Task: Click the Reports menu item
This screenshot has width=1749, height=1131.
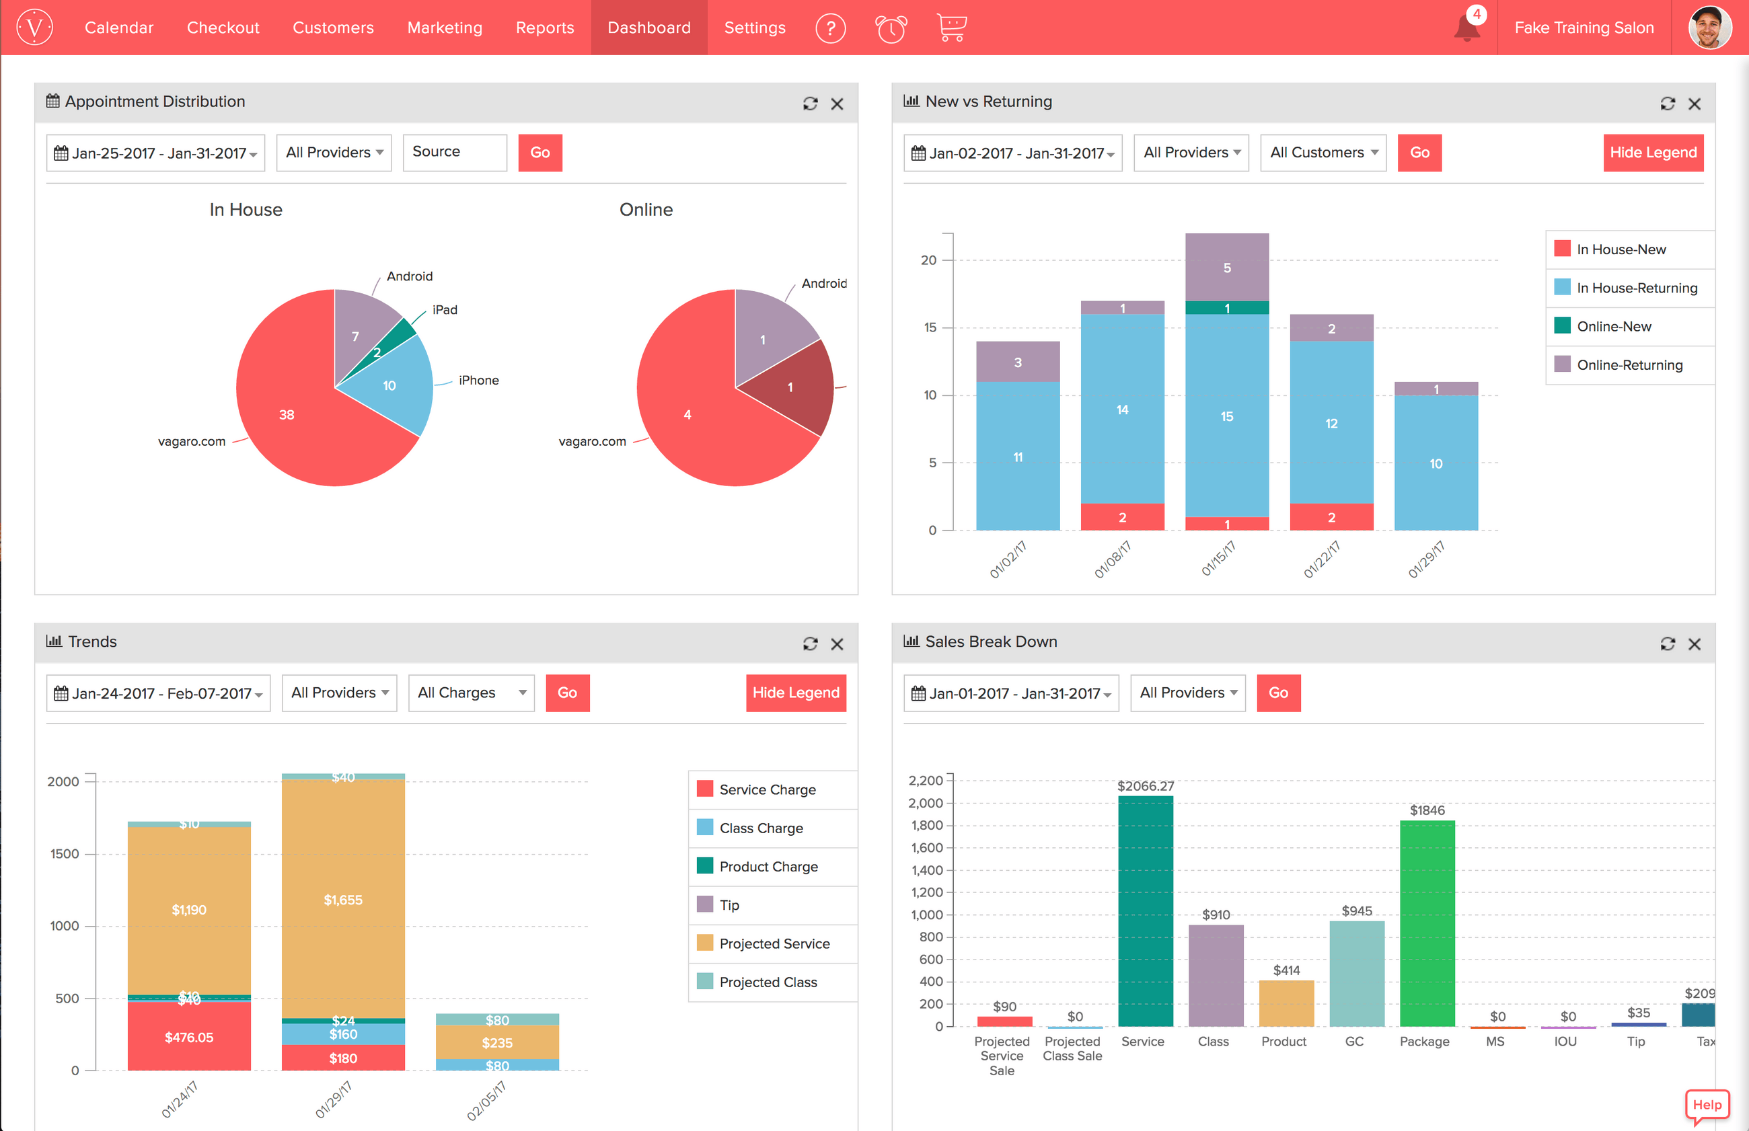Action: pos(544,28)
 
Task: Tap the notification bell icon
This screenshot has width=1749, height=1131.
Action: pos(1466,30)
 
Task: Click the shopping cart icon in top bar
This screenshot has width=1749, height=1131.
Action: pos(951,28)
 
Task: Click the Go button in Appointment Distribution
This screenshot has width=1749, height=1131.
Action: pos(540,153)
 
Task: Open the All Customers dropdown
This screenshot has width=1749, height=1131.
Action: pos(1323,153)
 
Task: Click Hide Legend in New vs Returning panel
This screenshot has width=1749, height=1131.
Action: pos(1653,153)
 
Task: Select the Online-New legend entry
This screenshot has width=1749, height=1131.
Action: pos(1613,327)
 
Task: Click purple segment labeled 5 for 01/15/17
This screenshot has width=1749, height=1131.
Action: pos(1227,268)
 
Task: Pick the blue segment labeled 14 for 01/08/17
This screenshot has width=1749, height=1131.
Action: pos(1121,409)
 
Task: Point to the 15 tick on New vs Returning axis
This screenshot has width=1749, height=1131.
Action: pos(930,327)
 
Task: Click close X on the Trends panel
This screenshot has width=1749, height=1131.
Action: pos(837,644)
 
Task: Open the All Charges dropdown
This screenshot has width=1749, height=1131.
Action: pos(471,693)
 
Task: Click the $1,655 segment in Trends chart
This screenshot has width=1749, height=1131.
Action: pos(343,900)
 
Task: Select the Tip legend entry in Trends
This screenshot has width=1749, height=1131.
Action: pos(729,905)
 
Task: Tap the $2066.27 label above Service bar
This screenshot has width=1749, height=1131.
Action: pos(1145,786)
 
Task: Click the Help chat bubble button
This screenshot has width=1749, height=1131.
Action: pos(1707,1105)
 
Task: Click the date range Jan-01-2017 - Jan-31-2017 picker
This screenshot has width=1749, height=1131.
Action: pos(1011,693)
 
